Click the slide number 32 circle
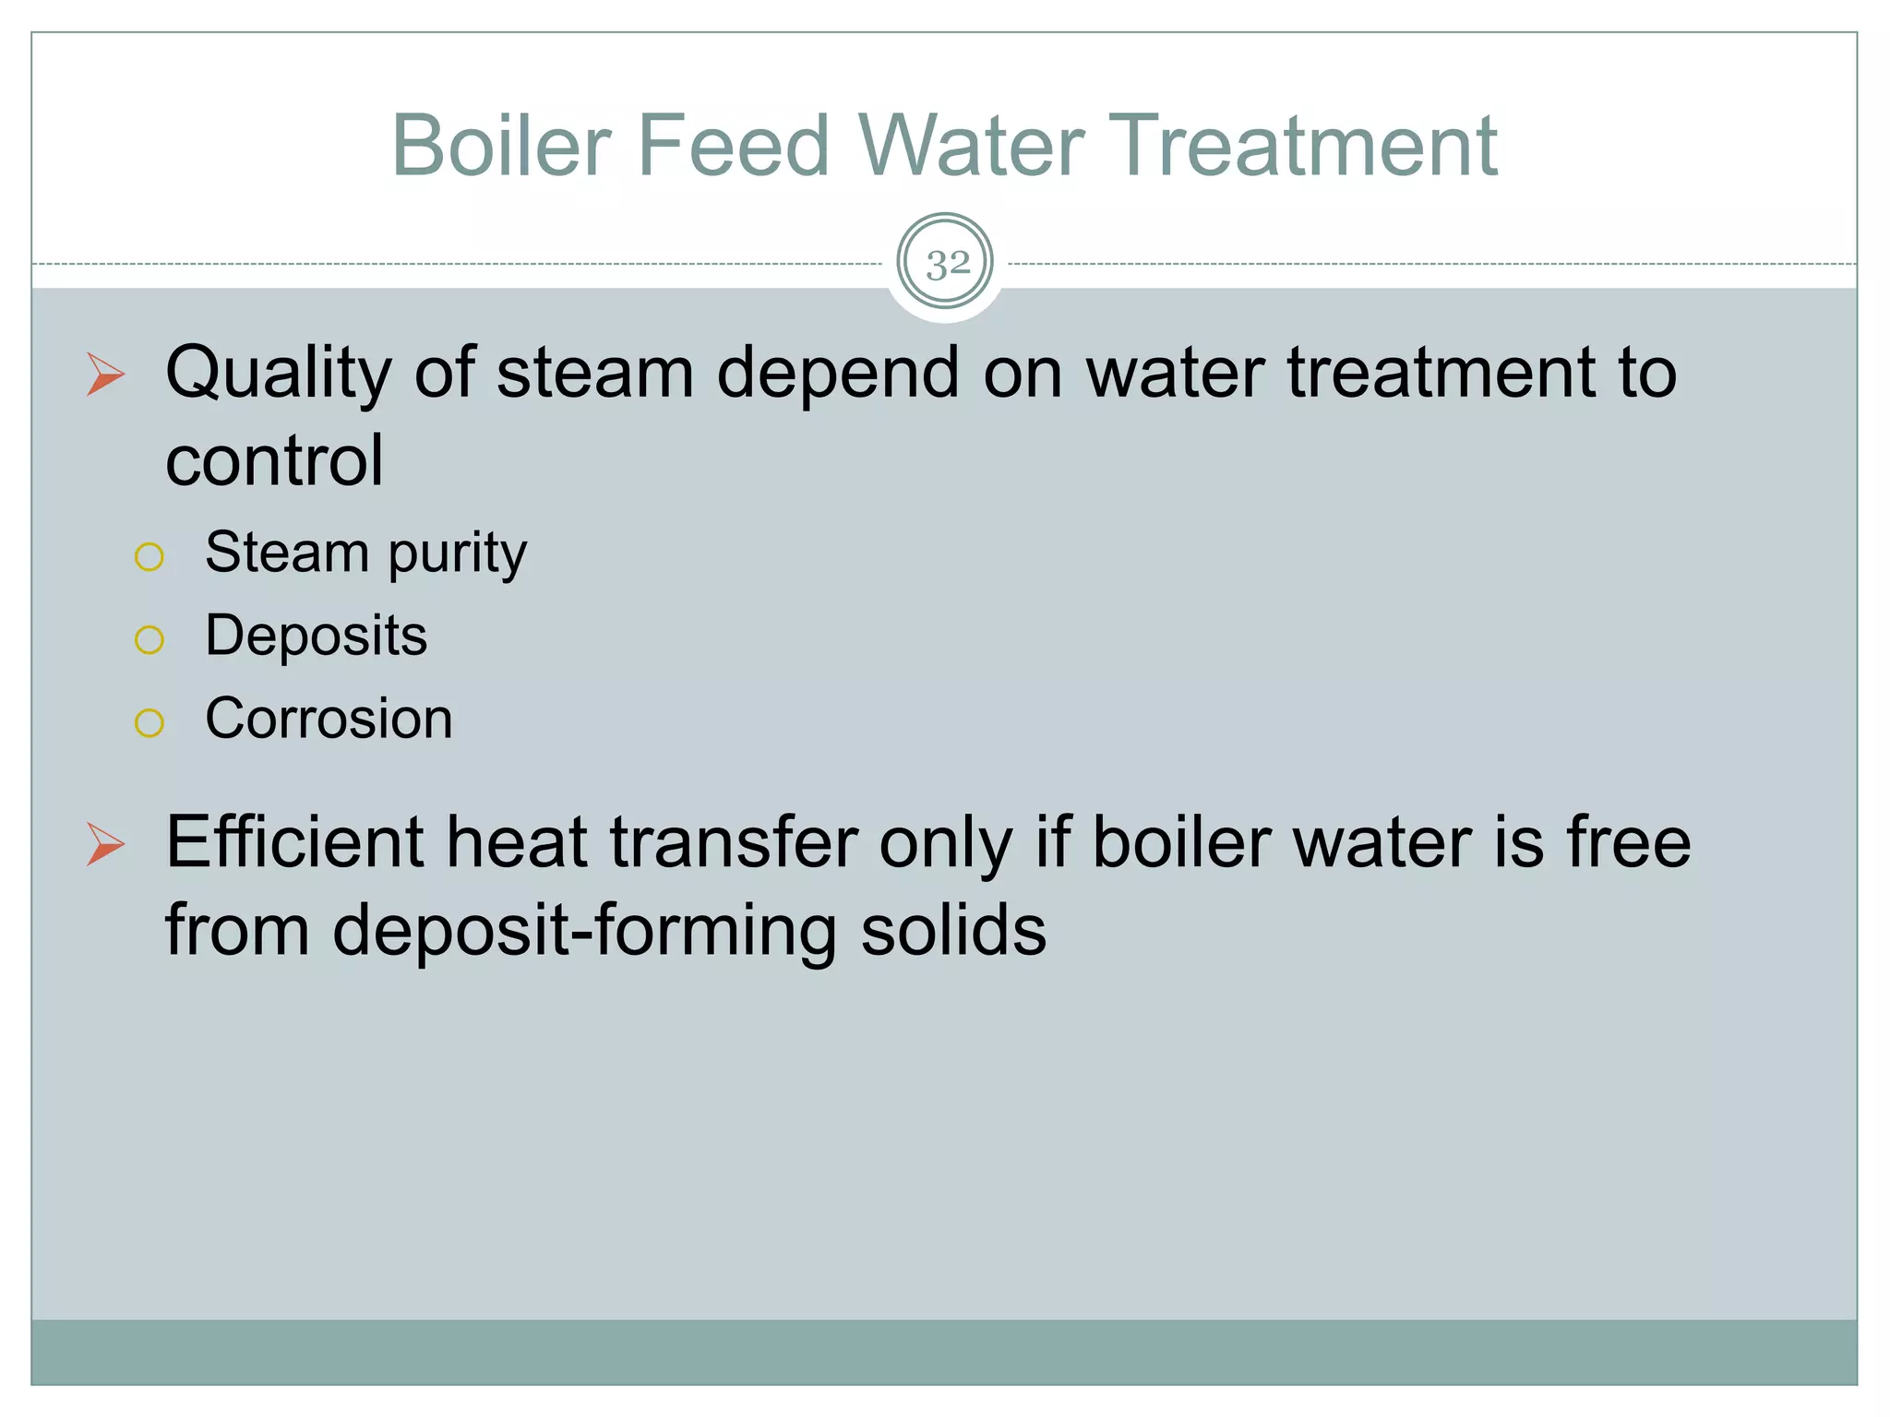pos(946,263)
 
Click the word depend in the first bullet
pos(837,374)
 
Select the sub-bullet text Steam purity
pos(365,554)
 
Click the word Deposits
pos(316,636)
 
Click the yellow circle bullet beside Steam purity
pos(149,556)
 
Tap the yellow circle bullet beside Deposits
pos(149,639)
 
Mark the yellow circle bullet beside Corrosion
pos(149,722)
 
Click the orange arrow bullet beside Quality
pos(105,374)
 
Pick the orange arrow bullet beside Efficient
pos(105,844)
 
